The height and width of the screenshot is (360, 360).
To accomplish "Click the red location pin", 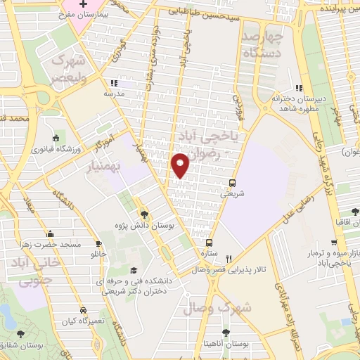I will click(181, 164).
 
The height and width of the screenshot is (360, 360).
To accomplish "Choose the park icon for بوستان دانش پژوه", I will click(143, 214).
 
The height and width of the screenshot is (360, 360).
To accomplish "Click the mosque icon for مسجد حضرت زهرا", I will click(49, 234).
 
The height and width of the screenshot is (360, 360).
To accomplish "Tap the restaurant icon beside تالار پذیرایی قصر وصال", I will click(228, 257).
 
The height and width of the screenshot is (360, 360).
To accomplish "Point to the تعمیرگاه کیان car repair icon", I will click(83, 310).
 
